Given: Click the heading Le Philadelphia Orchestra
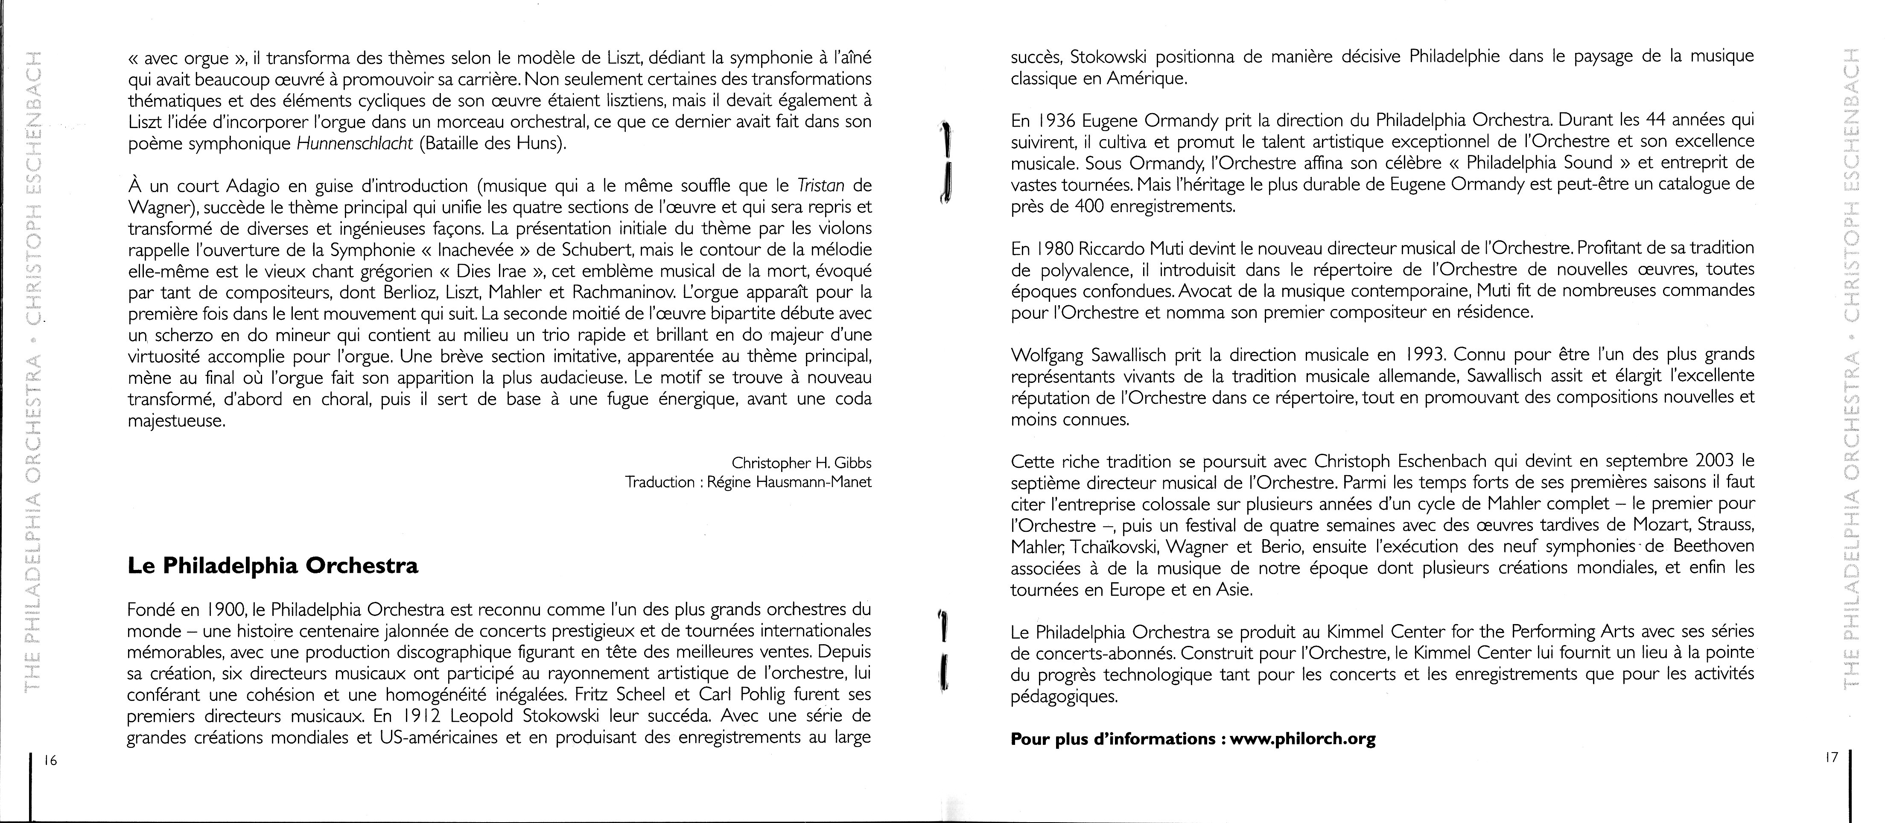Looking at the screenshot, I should tap(273, 566).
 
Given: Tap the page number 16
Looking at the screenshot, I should tap(50, 760).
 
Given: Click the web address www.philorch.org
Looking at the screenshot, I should tap(1303, 739).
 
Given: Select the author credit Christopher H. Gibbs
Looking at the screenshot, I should tap(801, 463).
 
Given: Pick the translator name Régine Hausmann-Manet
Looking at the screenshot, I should tap(790, 482).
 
